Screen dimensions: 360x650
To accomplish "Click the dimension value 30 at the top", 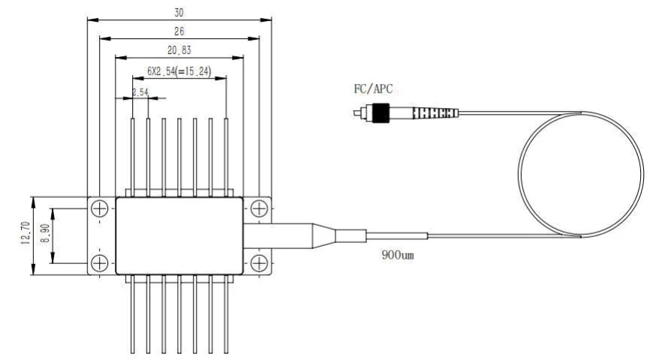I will click(178, 13).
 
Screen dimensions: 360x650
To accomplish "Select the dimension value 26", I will click(178, 32).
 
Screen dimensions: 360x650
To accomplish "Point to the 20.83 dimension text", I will click(178, 51).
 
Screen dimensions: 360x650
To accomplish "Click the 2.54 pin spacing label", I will click(140, 92).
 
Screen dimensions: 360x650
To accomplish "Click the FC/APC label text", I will click(373, 88).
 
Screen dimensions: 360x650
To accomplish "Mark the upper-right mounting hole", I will click(257, 208).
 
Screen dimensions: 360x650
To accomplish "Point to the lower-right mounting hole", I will click(257, 262).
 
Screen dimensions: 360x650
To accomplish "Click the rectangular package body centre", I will click(179, 235).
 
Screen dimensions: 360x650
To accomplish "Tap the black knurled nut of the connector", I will click(382, 113).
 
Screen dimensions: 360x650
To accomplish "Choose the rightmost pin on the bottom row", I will click(226, 315).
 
